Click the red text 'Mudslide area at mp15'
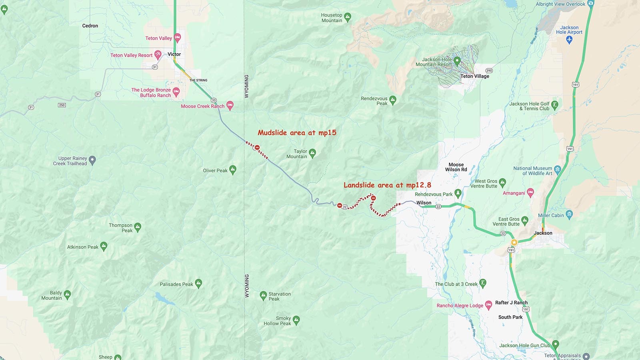(297, 133)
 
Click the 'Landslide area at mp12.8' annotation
(387, 185)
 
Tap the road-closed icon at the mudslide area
(257, 148)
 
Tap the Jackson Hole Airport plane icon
(570, 39)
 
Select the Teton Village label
(474, 76)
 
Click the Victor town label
(174, 54)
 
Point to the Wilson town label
(424, 203)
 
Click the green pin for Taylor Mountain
(312, 152)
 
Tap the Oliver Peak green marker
(233, 170)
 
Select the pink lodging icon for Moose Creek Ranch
(230, 105)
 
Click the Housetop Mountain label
(332, 18)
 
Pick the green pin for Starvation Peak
(263, 296)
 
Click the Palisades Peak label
(176, 284)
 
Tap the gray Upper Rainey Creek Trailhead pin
(92, 160)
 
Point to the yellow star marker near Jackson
(514, 242)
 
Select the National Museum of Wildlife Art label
(532, 171)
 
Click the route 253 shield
(62, 105)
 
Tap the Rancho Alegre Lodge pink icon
(488, 305)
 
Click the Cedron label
(90, 26)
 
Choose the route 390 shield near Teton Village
(489, 70)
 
